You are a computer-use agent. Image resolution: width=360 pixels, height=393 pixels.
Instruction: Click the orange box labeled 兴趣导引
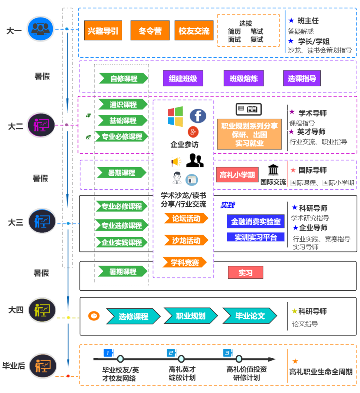[103, 30]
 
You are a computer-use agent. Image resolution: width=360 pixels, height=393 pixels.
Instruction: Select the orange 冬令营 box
[150, 30]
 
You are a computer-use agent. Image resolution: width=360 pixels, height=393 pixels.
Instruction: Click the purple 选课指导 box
[302, 78]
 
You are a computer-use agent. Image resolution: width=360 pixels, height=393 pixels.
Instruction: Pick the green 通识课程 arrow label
[123, 105]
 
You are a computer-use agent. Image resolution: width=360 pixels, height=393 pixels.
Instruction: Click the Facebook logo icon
[198, 116]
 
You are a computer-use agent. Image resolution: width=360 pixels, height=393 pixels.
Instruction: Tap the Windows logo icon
[175, 117]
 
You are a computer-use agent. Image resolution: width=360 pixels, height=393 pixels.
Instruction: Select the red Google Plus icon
[193, 131]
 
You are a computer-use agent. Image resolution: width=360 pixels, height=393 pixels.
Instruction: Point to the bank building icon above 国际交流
[273, 170]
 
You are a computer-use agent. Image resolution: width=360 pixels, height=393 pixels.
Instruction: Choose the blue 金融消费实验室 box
[256, 222]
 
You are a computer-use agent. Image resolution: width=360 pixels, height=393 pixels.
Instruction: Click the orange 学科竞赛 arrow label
[184, 262]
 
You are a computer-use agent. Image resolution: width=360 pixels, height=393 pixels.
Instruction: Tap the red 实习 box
[245, 273]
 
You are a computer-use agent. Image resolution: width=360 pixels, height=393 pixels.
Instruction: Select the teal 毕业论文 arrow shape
[250, 316]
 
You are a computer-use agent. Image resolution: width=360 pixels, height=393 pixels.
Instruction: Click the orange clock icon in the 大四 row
[94, 316]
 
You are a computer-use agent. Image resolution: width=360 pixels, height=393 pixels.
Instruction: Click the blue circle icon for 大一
[40, 29]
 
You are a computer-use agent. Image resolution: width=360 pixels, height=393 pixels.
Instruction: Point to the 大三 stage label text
[15, 222]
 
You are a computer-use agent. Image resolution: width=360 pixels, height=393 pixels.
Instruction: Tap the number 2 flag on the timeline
[171, 353]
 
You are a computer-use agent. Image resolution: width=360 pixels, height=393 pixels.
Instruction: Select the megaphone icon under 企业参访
[176, 162]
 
